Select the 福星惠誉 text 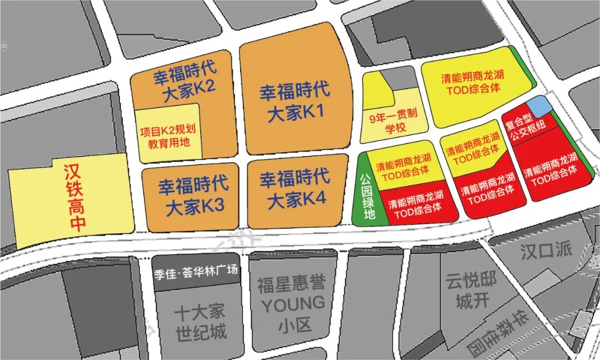(291, 286)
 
